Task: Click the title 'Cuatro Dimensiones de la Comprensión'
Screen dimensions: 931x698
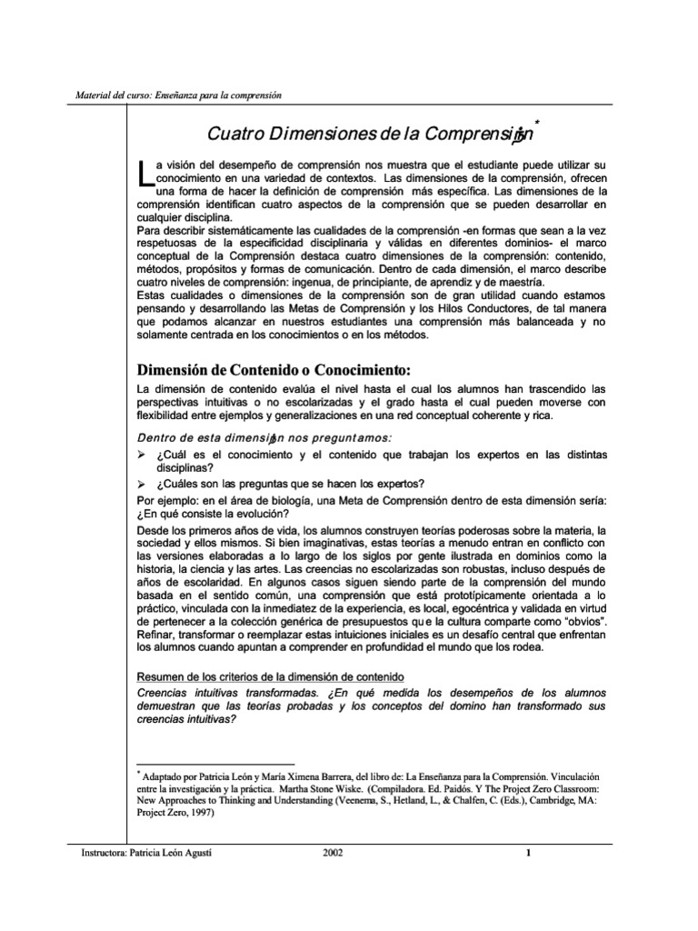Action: pos(369,135)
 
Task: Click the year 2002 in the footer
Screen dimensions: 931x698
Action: pos(334,852)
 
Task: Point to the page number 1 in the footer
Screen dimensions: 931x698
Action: pos(527,852)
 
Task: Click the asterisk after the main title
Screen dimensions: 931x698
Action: pos(538,122)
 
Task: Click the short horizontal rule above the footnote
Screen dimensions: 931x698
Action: pos(215,764)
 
